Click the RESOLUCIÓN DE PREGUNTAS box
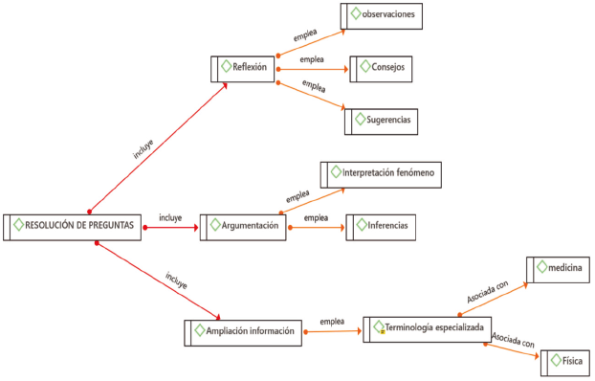(x=72, y=227)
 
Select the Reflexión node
(x=242, y=69)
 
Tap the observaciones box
(x=382, y=16)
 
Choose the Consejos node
(x=381, y=69)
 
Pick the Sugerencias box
(x=381, y=122)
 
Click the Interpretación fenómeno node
(x=381, y=175)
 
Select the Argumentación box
(x=243, y=227)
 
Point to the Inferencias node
(x=381, y=227)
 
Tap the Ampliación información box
(x=243, y=333)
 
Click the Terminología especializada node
(x=428, y=329)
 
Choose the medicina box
(x=558, y=270)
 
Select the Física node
(x=565, y=363)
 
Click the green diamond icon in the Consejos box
(x=365, y=66)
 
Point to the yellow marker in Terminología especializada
(x=383, y=332)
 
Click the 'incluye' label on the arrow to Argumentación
(x=170, y=218)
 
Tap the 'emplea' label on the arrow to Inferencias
(x=316, y=218)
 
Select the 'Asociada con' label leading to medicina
(x=487, y=292)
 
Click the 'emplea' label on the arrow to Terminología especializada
(x=332, y=322)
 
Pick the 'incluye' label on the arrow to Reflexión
(x=143, y=149)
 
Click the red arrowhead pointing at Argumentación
(x=196, y=228)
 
